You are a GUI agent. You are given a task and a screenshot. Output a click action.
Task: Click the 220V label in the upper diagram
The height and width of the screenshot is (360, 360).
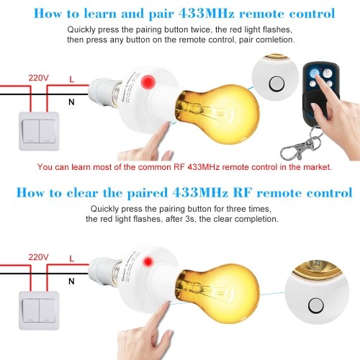[x=38, y=78]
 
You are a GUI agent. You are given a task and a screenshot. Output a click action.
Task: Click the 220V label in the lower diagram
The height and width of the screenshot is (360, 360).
[x=38, y=257]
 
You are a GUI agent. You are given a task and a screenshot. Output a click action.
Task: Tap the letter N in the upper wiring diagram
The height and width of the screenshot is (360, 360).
[x=71, y=102]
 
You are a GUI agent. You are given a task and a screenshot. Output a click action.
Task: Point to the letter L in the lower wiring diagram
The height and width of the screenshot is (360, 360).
[x=71, y=258]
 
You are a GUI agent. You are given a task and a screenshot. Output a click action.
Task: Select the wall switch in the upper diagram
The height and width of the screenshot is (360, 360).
[x=39, y=131]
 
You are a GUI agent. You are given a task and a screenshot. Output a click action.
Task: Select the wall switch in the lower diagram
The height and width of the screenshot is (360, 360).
[x=39, y=310]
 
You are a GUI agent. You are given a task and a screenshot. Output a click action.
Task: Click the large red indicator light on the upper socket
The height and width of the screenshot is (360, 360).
[x=148, y=81]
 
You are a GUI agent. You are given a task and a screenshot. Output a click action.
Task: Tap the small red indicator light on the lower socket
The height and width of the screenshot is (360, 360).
[x=148, y=261]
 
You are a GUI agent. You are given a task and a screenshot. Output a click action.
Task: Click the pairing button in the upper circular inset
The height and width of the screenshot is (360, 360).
[x=276, y=84]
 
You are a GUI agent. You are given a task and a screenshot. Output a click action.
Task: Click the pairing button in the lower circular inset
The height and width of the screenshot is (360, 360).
[x=315, y=305]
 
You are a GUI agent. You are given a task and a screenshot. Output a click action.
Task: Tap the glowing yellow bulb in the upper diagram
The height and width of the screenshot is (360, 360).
[x=217, y=114]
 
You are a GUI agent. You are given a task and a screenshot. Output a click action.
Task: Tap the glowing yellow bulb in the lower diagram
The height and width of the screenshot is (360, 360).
[x=217, y=294]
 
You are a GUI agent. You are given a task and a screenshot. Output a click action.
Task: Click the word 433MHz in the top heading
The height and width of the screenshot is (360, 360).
[x=207, y=13]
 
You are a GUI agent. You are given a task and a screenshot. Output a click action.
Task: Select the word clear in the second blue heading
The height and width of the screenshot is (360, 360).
[x=82, y=193]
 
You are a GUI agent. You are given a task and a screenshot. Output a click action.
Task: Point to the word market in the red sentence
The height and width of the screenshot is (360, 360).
[x=318, y=167]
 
